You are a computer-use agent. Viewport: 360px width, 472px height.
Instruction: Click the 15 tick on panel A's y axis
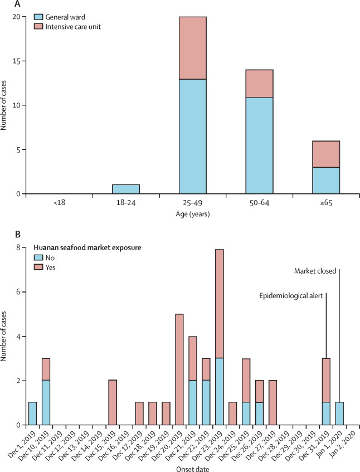point(20,61)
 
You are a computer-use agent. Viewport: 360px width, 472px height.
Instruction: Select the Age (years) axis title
point(192,213)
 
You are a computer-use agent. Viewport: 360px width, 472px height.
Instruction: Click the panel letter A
point(5,4)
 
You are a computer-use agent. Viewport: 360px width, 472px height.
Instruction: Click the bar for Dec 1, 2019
point(32,413)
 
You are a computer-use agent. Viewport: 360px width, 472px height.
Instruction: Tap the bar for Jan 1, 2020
point(339,413)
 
